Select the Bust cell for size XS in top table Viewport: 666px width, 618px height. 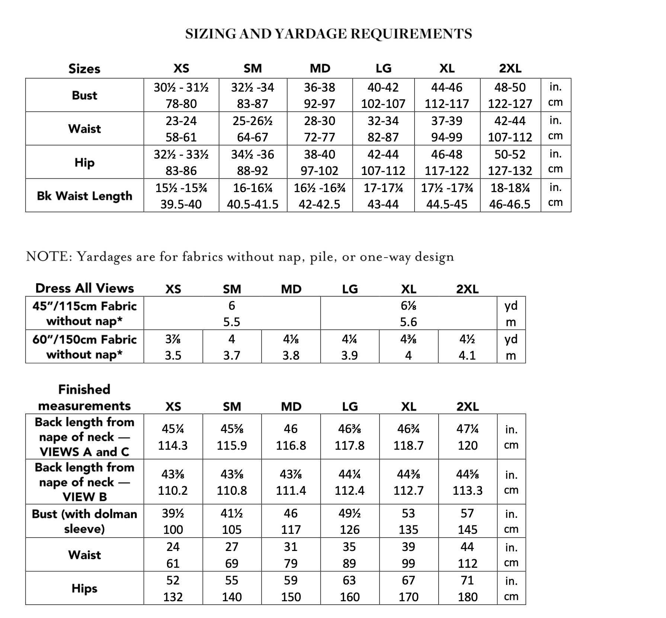[181, 95]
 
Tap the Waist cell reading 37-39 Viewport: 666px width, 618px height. [447, 129]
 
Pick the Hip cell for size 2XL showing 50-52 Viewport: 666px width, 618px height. [510, 162]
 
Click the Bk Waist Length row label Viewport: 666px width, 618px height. [84, 196]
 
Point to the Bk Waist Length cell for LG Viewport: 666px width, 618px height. [383, 196]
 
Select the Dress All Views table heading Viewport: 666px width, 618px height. [84, 289]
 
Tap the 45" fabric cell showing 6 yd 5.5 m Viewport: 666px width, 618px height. [232, 313]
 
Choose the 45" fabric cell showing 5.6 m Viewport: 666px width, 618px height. [409, 313]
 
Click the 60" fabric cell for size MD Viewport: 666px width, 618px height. [291, 347]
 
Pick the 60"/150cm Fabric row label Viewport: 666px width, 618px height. [84, 347]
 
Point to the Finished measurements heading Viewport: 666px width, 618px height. [84, 398]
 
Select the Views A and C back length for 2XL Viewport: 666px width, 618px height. [467, 437]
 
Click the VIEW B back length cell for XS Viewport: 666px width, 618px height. [173, 482]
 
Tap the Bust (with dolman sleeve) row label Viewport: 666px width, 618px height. [84, 521]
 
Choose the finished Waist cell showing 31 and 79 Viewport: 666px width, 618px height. [291, 555]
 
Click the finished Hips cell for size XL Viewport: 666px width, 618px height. [409, 589]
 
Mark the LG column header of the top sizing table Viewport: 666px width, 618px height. [383, 69]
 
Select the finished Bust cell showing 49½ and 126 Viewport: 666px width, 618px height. [350, 521]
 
